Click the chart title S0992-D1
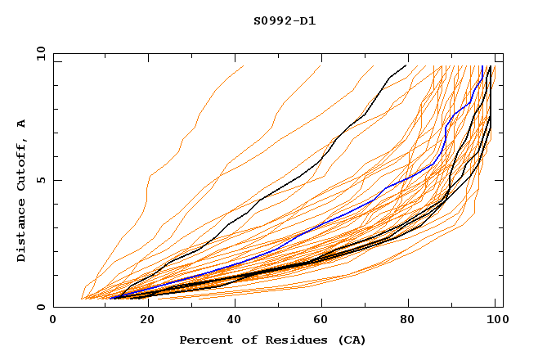(x=285, y=20)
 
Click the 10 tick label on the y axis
(x=39, y=53)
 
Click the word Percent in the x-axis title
(x=204, y=340)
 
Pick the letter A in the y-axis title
(x=22, y=124)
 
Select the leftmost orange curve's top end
(x=243, y=66)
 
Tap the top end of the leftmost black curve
(x=406, y=65)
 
